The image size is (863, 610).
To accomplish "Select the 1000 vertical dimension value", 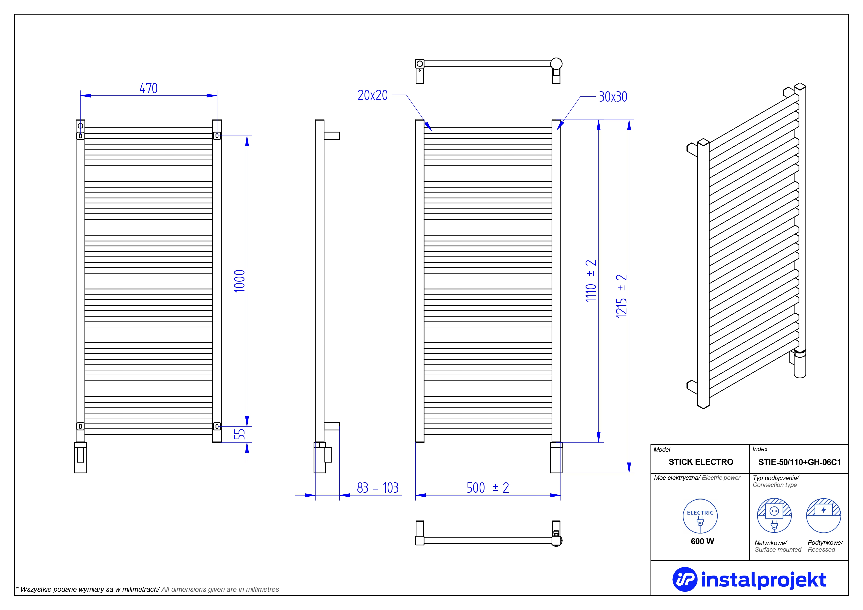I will click(x=240, y=281).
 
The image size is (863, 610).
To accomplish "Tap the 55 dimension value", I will click(x=240, y=434).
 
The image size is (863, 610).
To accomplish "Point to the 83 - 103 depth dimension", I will click(x=377, y=488).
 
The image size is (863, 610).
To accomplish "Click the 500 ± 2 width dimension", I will click(x=487, y=488).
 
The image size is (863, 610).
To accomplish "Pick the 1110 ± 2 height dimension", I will click(x=591, y=281).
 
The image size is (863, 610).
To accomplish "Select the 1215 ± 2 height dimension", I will click(x=621, y=296).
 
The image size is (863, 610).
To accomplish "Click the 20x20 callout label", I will click(x=372, y=95).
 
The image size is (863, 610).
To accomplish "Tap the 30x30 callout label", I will click(x=613, y=97).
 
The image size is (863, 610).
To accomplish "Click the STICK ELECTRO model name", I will click(x=701, y=462).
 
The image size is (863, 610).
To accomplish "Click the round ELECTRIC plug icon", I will click(x=700, y=516).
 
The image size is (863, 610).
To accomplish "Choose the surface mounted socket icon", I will click(x=774, y=515).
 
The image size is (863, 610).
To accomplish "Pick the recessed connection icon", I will click(x=823, y=515).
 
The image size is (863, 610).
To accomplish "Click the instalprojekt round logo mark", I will click(x=684, y=579).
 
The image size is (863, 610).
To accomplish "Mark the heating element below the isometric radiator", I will click(x=800, y=364).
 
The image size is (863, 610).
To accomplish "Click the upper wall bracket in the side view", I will click(x=332, y=136).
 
